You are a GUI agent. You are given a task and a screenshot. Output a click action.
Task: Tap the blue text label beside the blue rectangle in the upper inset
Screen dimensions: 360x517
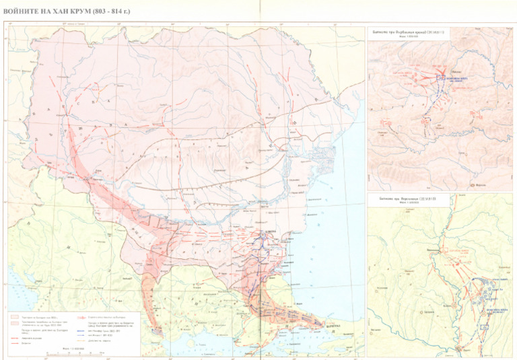[x=457, y=79]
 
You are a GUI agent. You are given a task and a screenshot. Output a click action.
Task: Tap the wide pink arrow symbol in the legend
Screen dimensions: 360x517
[x=83, y=317]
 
